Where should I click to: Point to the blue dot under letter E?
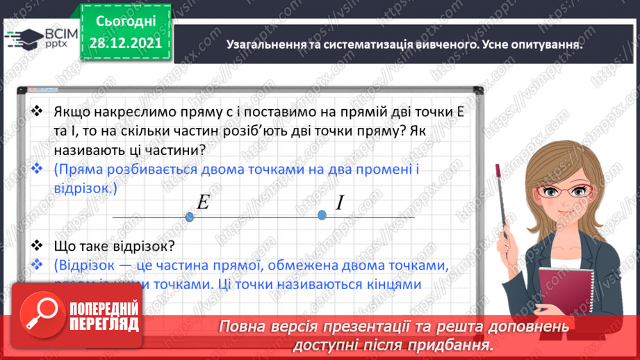[190, 217]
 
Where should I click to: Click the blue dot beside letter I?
[322, 215]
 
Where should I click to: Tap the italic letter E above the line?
[204, 202]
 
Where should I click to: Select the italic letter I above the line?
[340, 203]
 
